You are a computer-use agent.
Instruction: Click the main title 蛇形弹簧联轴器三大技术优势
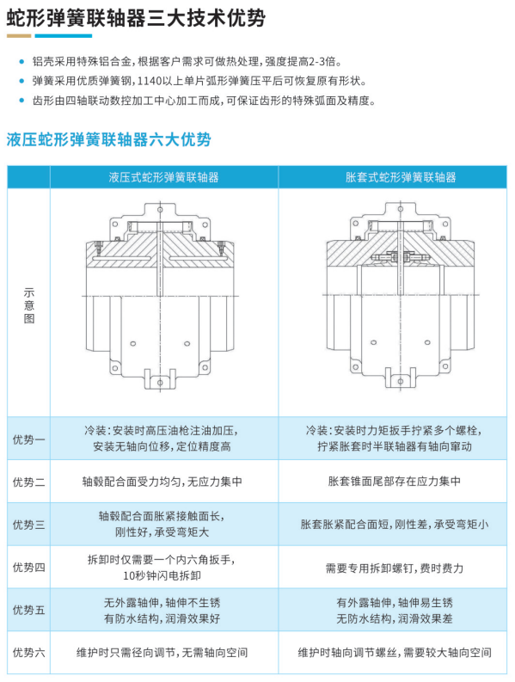coord(136,17)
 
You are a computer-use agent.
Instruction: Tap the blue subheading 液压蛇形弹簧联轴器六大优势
coord(108,139)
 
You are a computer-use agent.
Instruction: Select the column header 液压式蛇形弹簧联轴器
coord(164,177)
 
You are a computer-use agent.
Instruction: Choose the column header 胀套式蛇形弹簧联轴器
coord(401,177)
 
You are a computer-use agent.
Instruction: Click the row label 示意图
coord(28,305)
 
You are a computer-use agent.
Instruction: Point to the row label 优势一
coord(28,439)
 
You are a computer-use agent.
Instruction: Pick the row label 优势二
coord(28,482)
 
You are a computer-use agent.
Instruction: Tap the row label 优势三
coord(28,524)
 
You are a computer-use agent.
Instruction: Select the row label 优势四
coord(28,567)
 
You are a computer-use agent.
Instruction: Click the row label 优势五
coord(28,610)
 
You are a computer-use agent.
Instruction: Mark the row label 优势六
coord(28,653)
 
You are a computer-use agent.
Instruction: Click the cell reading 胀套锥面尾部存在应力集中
coord(394,481)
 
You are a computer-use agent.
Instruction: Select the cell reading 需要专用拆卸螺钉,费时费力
coord(394,568)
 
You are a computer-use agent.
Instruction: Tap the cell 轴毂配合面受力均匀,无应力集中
coord(162,482)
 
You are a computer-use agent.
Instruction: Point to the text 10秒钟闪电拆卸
coord(162,575)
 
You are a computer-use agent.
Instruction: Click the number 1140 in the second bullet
coord(150,81)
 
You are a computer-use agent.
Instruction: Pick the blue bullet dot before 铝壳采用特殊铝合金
coord(21,62)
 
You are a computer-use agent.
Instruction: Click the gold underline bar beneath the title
coord(19,36)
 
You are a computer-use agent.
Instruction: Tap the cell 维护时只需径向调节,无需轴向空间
coord(162,653)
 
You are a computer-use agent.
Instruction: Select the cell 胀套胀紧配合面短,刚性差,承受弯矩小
coord(394,524)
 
